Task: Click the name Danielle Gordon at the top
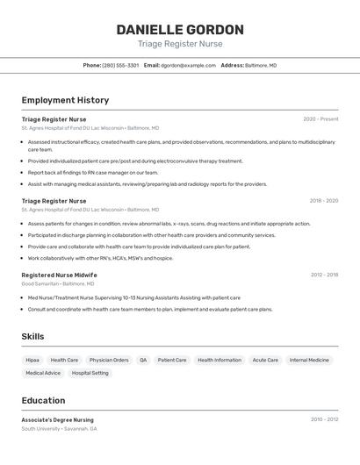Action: point(180,29)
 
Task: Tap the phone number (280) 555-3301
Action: point(120,65)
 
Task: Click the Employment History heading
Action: point(65,100)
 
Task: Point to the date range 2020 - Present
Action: point(320,119)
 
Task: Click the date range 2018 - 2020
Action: point(323,201)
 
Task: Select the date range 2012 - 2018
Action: point(324,275)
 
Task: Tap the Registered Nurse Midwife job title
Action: point(59,275)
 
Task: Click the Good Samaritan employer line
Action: point(57,284)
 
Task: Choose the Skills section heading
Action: point(33,337)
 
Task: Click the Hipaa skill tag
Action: point(32,360)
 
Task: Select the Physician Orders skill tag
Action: point(109,360)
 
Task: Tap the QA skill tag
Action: point(143,360)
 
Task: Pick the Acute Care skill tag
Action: point(265,360)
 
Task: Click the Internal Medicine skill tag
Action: point(309,360)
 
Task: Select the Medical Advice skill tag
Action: point(43,373)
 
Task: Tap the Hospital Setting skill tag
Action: point(90,373)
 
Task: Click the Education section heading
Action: point(43,400)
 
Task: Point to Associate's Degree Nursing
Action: point(57,419)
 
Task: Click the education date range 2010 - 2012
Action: point(324,419)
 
